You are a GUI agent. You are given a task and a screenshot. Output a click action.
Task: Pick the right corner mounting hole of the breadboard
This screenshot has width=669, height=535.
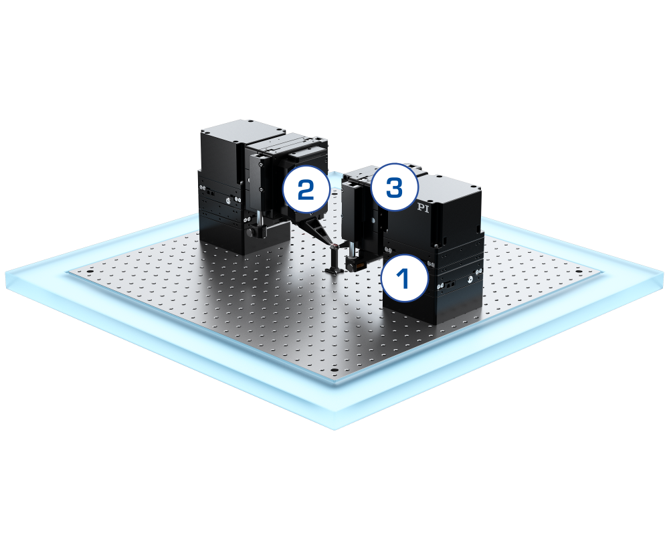click(x=578, y=272)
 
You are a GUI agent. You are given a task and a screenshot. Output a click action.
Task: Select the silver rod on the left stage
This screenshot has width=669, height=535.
click(x=258, y=217)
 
